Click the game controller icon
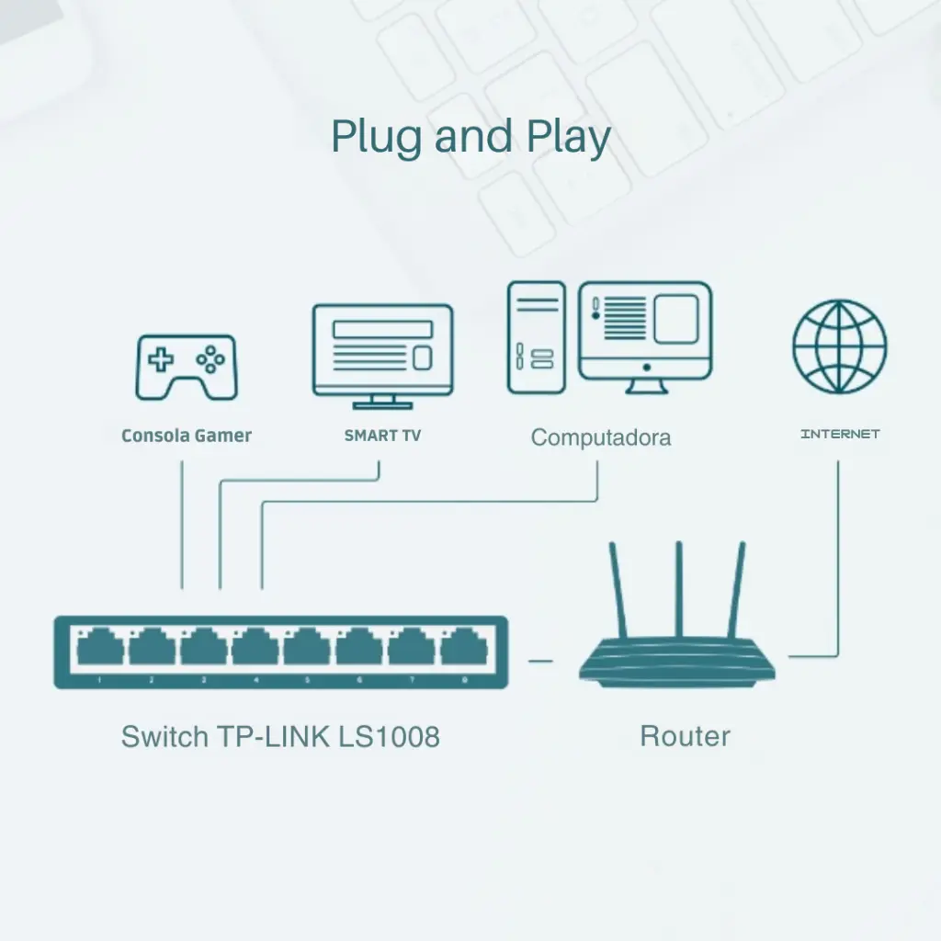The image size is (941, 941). [x=187, y=367]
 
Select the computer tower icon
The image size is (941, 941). [x=536, y=337]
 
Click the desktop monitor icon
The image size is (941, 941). [x=645, y=335]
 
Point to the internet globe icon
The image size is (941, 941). [x=840, y=346]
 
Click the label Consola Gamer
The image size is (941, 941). [x=187, y=436]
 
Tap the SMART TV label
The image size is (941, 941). [x=382, y=436]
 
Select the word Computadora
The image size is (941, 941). [x=601, y=437]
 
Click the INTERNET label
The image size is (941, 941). [x=840, y=434]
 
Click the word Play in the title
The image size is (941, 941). [x=569, y=138]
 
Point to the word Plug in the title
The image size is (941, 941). [x=377, y=138]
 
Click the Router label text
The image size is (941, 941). [x=685, y=736]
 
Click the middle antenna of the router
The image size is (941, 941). [x=679, y=588]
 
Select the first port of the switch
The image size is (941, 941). [x=100, y=649]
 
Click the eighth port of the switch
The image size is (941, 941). [x=464, y=649]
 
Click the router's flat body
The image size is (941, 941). [x=677, y=664]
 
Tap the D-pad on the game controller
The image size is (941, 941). [x=162, y=359]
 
